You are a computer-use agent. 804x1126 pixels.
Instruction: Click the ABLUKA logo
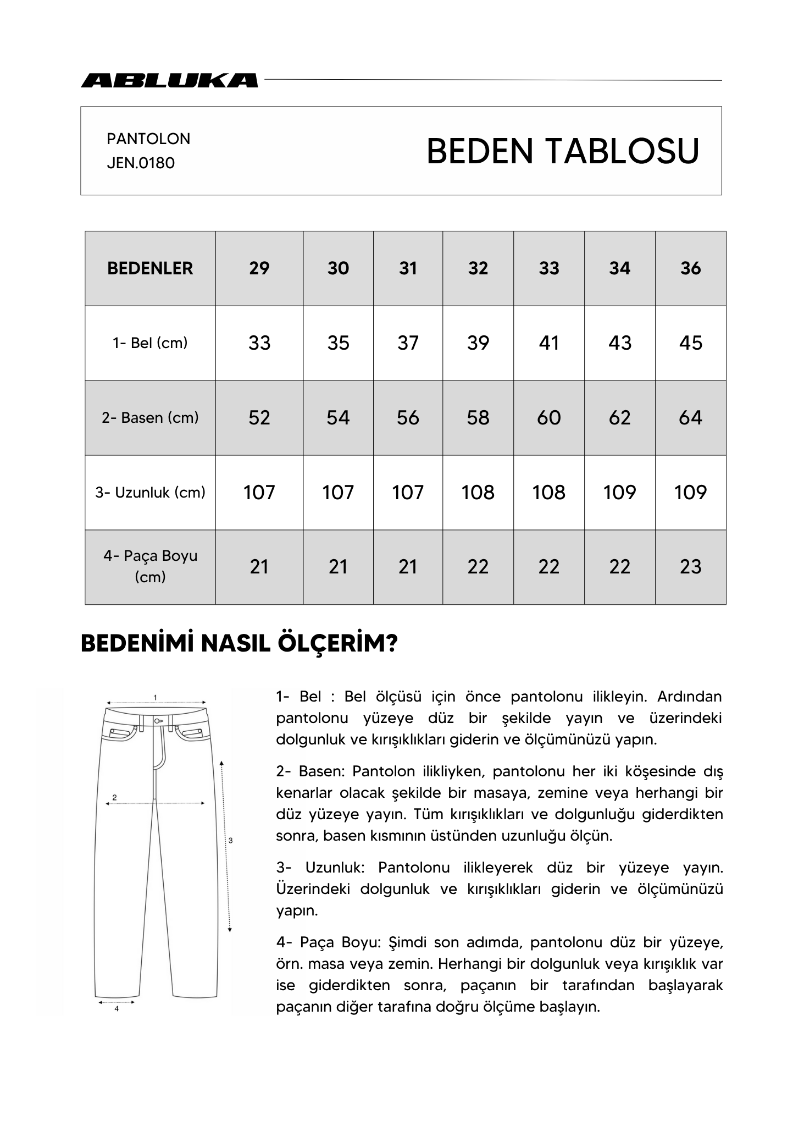pos(169,80)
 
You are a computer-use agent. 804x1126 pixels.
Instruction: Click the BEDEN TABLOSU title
pos(562,151)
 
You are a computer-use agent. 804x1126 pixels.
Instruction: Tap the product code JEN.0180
pos(141,163)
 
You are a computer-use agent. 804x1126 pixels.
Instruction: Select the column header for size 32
pos(478,268)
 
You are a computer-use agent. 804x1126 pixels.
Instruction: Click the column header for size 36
pos(690,268)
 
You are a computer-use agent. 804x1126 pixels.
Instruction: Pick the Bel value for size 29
pos(259,343)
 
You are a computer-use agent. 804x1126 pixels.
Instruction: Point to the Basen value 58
pos(478,418)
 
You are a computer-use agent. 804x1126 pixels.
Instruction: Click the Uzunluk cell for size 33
pos(548,492)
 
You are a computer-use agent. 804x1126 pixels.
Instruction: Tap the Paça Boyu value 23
pos(690,567)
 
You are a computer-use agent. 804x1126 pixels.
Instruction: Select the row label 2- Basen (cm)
pos(150,418)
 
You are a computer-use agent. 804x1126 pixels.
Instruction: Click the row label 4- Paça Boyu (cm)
pos(150,566)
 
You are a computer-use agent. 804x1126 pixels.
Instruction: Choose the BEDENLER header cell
pos(150,268)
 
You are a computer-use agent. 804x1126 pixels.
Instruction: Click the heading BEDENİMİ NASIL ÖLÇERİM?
pos(239,644)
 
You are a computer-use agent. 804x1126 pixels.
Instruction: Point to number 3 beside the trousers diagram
pos(230,840)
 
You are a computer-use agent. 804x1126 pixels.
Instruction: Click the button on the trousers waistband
pos(158,720)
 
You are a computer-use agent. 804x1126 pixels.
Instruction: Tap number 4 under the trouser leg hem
pos(117,1008)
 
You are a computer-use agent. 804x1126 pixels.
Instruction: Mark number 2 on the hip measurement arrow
pos(114,797)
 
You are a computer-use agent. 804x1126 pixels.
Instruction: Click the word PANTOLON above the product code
pos(148,139)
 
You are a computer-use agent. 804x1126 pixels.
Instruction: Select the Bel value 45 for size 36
pos(690,343)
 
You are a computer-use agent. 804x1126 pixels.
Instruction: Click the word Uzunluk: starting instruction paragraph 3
pos(335,868)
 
